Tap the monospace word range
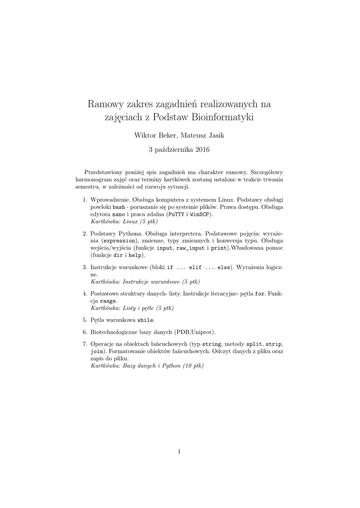[109, 301]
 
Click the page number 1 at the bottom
[179, 451]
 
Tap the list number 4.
[84, 294]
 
